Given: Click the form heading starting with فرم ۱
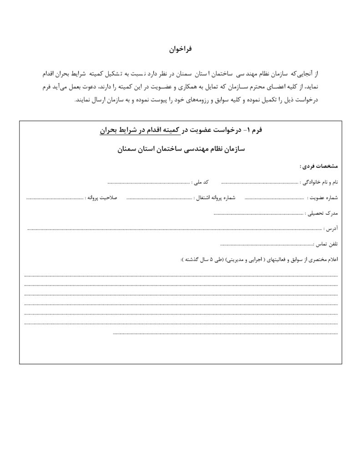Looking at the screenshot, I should (x=181, y=131).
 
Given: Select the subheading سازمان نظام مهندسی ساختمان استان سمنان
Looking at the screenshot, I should (x=181, y=149).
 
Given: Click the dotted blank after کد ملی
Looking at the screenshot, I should (x=148, y=183).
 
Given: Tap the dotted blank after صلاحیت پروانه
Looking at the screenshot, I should (x=55, y=199).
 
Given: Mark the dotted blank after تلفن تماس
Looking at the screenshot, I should (x=267, y=245).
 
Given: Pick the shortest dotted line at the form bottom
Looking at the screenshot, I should (x=225, y=334).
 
